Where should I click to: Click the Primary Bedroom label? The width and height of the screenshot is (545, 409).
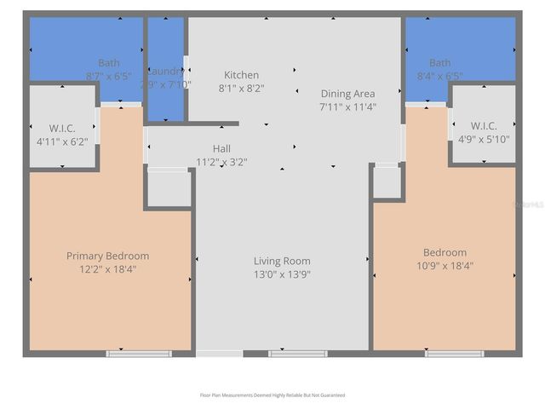pos(108,256)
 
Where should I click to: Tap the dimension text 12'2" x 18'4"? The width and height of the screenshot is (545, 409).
pos(108,268)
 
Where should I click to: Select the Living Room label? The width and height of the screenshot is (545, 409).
pos(282,261)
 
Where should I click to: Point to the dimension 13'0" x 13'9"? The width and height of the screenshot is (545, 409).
pos(282,274)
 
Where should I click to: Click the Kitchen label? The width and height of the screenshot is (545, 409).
pos(241,75)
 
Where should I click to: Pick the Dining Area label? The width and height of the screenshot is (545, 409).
pos(347,94)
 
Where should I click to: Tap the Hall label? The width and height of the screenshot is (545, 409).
pos(221,148)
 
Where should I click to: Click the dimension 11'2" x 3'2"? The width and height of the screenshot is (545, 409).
pos(221,161)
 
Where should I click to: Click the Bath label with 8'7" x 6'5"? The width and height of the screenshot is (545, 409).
pos(109,63)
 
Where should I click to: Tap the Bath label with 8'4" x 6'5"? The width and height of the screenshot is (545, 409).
pos(440,63)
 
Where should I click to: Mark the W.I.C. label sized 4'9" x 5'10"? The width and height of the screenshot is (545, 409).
pos(484,126)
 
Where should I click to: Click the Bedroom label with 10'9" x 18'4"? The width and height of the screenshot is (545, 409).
pos(445,252)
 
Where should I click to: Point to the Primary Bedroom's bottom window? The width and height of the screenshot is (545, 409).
pos(139,353)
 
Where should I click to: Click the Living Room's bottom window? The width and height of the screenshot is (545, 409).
pos(298,353)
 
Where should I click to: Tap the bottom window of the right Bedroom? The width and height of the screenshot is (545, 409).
pos(454,353)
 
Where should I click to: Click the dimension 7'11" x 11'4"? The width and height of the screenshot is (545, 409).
pos(347,107)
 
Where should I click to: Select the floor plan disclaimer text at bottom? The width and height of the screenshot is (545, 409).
pos(272,395)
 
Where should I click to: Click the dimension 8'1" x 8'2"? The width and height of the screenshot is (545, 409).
pos(241,88)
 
